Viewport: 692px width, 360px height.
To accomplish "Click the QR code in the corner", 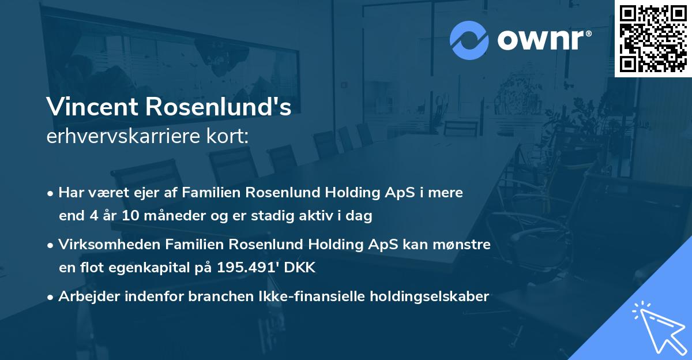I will coord(653,39).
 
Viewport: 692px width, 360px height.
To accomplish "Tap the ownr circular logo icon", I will coord(469,40).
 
